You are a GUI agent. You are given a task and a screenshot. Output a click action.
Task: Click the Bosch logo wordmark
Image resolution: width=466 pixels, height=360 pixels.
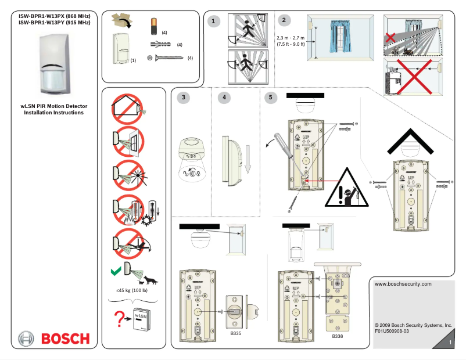(x=64, y=339)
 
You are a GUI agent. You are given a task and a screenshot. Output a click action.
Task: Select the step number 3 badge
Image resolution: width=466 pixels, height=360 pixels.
(x=184, y=98)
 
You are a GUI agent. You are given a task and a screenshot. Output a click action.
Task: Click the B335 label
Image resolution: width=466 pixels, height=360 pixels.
(x=235, y=334)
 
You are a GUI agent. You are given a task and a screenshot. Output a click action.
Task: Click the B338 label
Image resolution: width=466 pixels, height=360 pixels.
(x=338, y=336)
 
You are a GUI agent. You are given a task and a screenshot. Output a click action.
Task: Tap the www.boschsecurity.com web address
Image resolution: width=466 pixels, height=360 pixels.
(x=403, y=284)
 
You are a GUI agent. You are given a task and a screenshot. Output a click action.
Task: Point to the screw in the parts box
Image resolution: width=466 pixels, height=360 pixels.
(x=168, y=57)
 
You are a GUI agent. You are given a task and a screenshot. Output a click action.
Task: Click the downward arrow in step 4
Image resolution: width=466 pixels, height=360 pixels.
(x=247, y=162)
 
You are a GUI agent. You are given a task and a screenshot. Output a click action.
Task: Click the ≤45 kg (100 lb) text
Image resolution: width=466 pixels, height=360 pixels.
(x=131, y=290)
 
